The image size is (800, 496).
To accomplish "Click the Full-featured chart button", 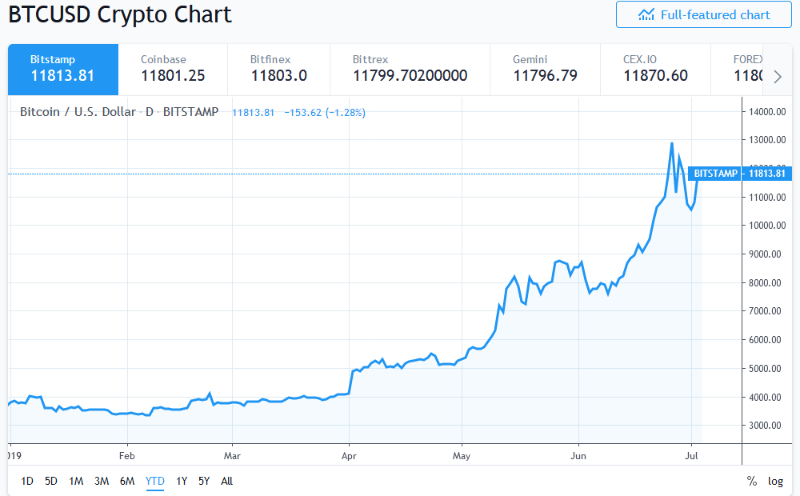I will tap(703, 15).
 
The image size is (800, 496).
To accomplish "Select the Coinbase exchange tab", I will tap(172, 69).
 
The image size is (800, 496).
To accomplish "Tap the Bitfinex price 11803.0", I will tap(278, 76).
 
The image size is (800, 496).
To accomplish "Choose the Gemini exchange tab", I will tap(545, 69).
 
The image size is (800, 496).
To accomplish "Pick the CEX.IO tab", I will tap(654, 69).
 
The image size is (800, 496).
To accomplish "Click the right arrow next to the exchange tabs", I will tap(777, 77).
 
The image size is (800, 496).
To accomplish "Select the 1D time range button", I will tap(27, 481).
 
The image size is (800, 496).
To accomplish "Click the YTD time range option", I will tap(154, 481).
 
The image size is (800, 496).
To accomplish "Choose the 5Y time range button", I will tap(204, 481).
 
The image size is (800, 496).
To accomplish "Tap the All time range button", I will tap(226, 481).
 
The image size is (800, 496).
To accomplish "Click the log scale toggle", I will tap(775, 481).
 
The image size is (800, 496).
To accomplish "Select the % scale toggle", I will tap(751, 481).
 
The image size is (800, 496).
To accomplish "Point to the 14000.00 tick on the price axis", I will tap(767, 112).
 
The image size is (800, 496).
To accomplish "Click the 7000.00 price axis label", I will tap(767, 311).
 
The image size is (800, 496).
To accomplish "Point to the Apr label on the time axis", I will tap(349, 456).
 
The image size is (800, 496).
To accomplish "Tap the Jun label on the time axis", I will tap(578, 456).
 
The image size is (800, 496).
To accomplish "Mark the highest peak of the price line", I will tap(671, 143).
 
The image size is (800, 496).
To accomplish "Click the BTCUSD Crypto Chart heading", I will tap(119, 14).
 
